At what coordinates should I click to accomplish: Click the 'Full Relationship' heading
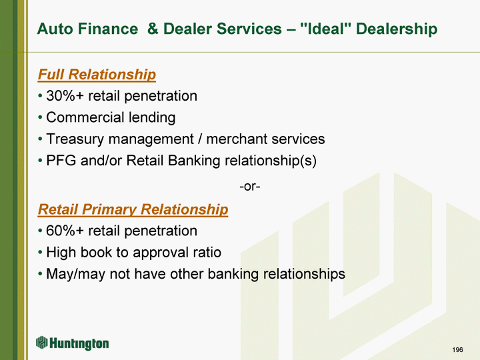coord(97,75)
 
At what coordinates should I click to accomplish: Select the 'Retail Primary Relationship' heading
coord(133,210)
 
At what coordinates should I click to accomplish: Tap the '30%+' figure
coord(65,96)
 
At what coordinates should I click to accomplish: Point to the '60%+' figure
coord(65,231)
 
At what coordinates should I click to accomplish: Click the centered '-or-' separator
coord(250,186)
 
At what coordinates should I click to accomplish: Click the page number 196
coord(457,349)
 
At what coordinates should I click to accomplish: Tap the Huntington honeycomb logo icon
coord(41,343)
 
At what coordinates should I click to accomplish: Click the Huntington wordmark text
coord(79,343)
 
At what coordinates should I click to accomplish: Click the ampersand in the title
coord(153,29)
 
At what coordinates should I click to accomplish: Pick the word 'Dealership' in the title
coord(397,29)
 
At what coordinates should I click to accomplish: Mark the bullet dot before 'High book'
coord(40,253)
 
